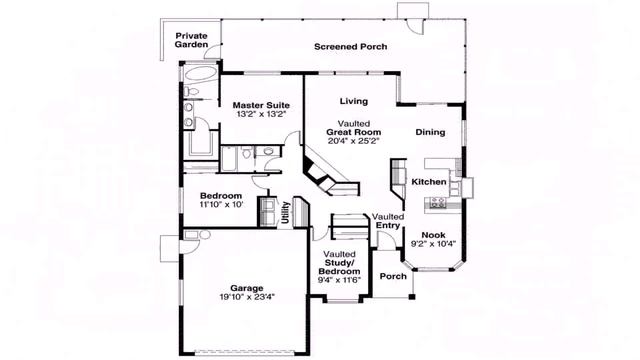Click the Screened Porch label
351,47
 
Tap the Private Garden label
191,40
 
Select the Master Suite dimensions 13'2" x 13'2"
261,114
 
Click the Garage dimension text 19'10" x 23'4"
247,297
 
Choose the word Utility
285,212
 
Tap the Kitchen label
429,182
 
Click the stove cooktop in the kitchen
438,202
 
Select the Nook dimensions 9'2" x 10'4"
433,244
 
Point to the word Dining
430,132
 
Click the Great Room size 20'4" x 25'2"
353,141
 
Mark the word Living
354,101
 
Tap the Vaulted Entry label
388,221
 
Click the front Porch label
393,276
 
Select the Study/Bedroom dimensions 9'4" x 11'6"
339,280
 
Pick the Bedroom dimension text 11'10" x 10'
221,204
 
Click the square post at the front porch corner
412,297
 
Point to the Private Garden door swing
212,51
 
